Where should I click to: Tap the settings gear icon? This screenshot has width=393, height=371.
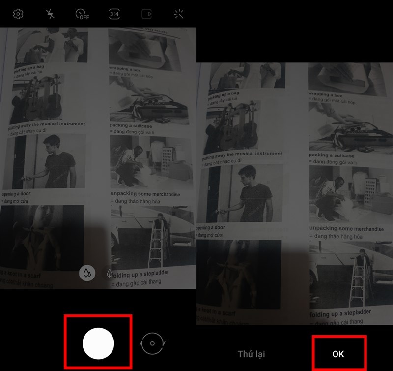click(18, 14)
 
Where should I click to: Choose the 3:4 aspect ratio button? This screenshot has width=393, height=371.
click(114, 14)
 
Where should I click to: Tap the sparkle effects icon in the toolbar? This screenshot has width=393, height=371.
click(179, 14)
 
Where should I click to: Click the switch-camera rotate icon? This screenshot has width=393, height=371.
click(152, 343)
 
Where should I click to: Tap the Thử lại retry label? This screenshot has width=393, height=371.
click(251, 354)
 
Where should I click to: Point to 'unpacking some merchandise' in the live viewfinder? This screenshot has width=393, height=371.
click(145, 194)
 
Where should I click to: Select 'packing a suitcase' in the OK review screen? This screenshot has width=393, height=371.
click(332, 155)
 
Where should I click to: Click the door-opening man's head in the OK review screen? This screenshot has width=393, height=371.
click(247, 173)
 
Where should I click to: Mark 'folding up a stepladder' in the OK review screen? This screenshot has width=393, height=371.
click(340, 313)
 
